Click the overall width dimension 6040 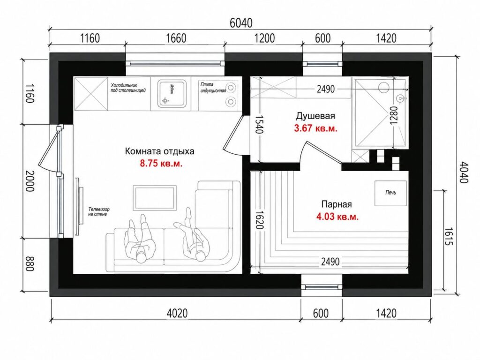[x=241, y=23]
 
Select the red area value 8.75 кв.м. [x=161, y=163]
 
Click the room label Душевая [x=315, y=116]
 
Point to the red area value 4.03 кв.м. [x=337, y=217]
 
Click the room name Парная [x=337, y=204]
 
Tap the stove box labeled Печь [x=391, y=193]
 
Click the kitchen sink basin [x=172, y=93]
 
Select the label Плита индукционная [x=213, y=87]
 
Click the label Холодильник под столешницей [x=128, y=88]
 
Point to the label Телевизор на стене [x=98, y=211]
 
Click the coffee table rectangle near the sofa [x=155, y=198]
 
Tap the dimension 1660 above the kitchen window [x=176, y=38]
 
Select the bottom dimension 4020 [x=177, y=313]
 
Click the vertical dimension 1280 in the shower [x=393, y=115]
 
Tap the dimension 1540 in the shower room [x=259, y=124]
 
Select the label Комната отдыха [x=159, y=151]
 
